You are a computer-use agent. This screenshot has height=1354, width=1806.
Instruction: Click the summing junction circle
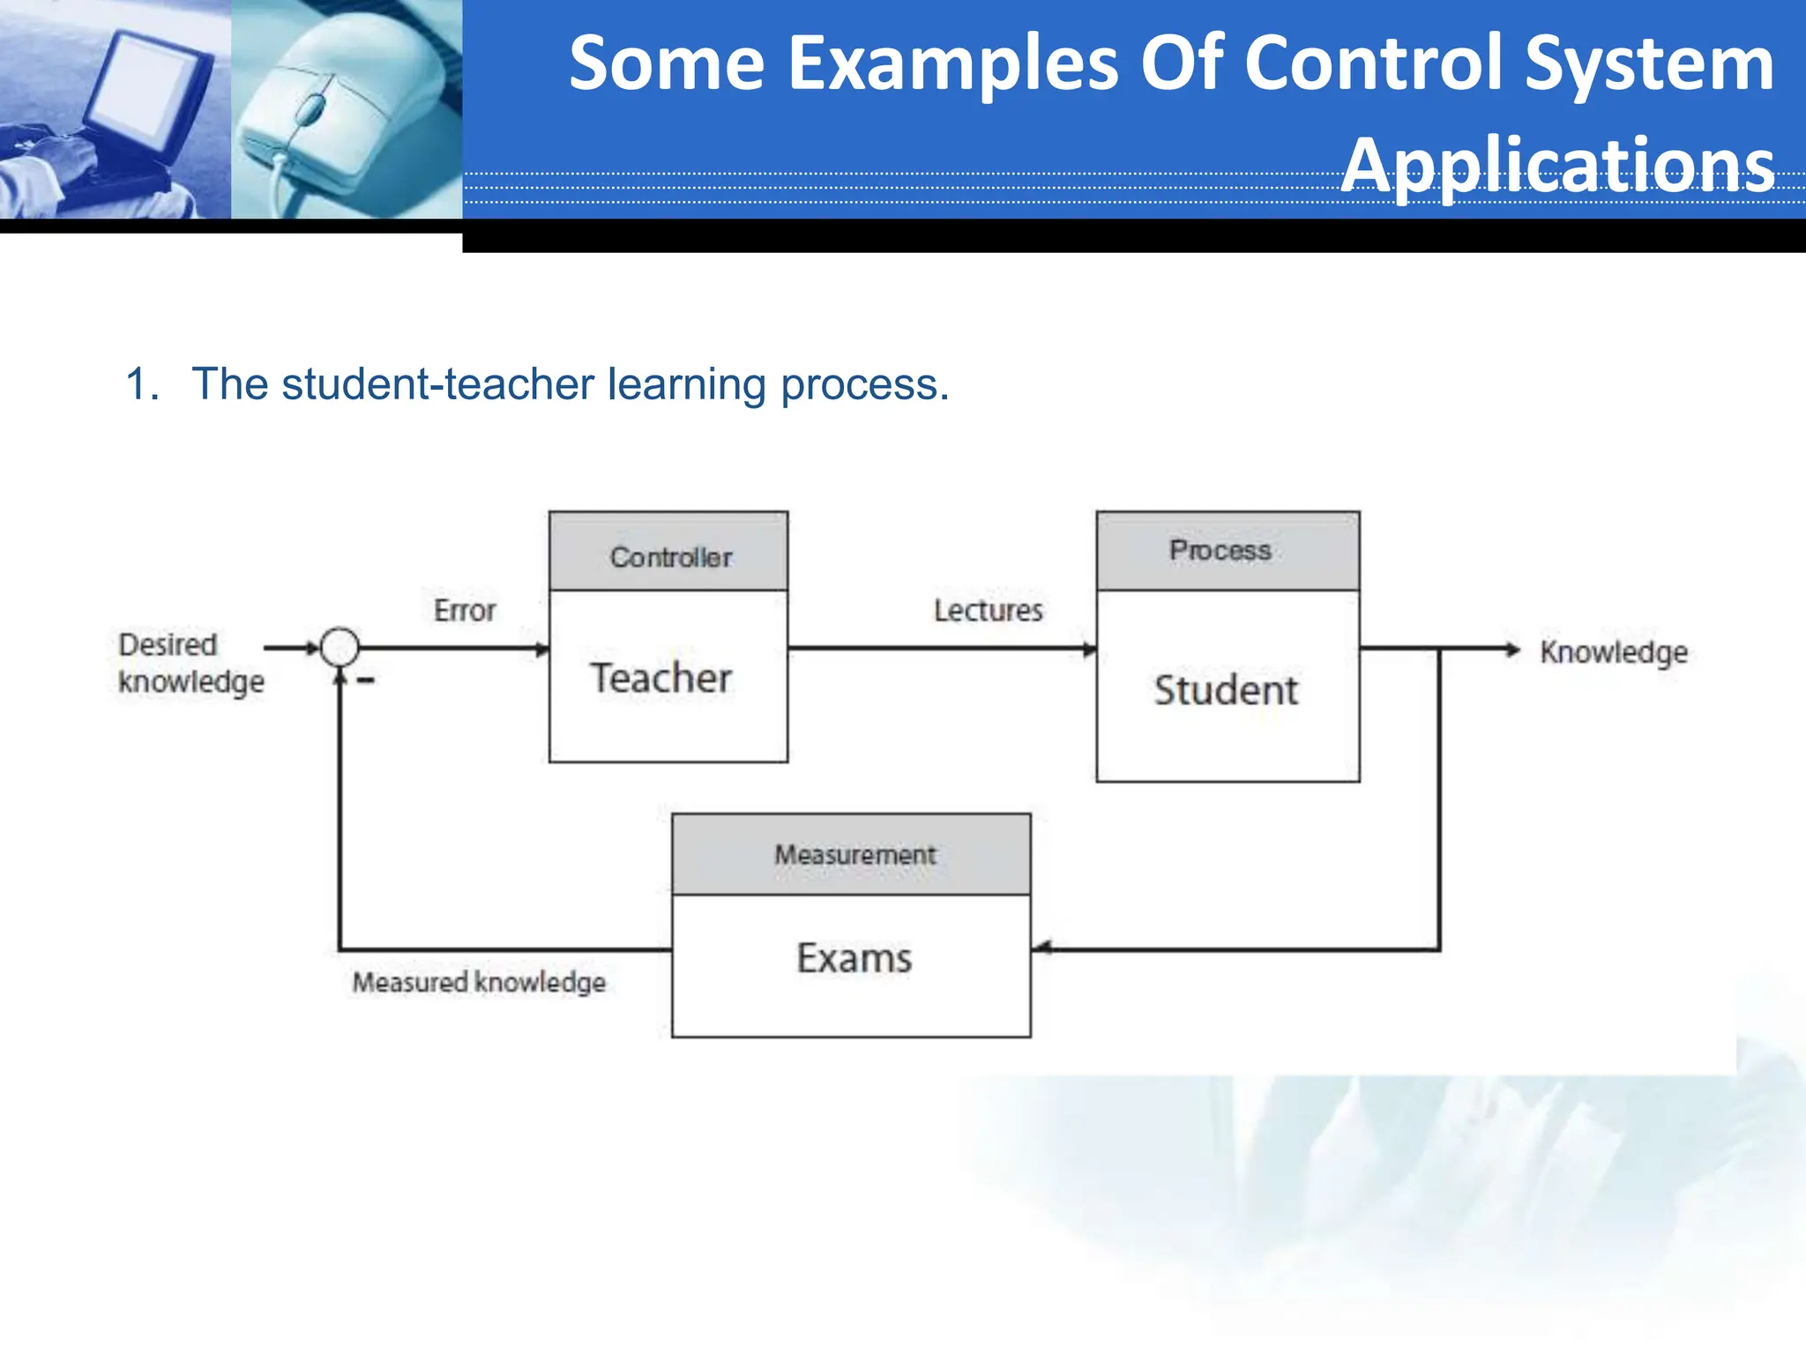pyautogui.click(x=340, y=648)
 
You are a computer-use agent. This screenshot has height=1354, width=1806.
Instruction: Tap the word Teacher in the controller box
pyautogui.click(x=660, y=678)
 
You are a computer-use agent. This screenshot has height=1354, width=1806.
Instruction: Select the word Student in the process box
pyautogui.click(x=1226, y=690)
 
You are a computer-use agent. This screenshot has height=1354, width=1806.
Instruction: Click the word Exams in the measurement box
pyautogui.click(x=854, y=958)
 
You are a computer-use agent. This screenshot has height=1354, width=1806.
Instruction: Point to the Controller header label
pyautogui.click(x=671, y=557)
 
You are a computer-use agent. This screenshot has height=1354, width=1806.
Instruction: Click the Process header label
pyautogui.click(x=1220, y=551)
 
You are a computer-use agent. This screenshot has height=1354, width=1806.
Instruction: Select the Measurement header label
pyautogui.click(x=854, y=854)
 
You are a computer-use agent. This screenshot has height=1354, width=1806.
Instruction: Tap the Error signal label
pyautogui.click(x=465, y=610)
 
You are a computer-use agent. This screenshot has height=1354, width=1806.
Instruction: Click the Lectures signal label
pyautogui.click(x=989, y=610)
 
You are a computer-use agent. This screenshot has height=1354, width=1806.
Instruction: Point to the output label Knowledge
pyautogui.click(x=1613, y=652)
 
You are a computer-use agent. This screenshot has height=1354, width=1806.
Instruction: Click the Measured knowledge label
pyautogui.click(x=479, y=982)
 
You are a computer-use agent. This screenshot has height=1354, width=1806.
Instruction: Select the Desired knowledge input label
pyautogui.click(x=190, y=663)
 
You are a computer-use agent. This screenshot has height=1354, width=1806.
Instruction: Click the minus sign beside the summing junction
pyautogui.click(x=366, y=681)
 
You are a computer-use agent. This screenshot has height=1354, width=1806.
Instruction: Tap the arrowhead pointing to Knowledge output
pyautogui.click(x=1513, y=650)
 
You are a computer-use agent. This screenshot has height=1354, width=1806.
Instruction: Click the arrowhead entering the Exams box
pyautogui.click(x=1041, y=949)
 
